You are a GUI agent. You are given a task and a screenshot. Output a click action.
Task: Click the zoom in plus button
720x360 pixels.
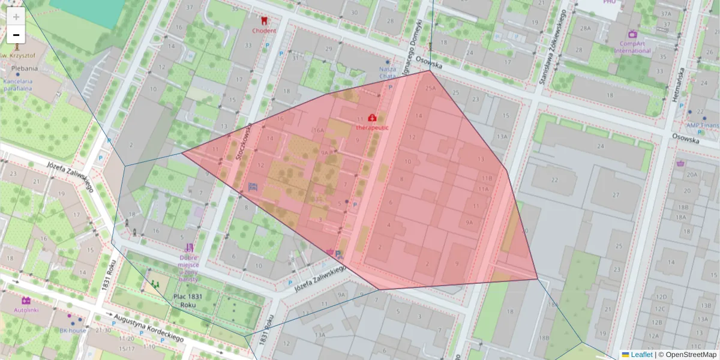click(x=16, y=16)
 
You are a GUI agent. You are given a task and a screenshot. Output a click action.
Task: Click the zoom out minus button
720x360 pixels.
click(x=16, y=35)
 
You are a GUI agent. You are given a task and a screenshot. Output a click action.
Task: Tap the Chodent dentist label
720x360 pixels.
click(x=264, y=31)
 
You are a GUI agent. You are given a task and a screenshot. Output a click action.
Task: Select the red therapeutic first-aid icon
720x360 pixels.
click(x=372, y=118)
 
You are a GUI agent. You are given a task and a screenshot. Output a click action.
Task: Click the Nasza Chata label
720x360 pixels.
click(x=388, y=73)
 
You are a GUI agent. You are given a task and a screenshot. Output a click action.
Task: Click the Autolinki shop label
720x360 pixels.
click(x=26, y=310)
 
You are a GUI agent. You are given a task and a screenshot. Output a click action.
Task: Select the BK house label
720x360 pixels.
click(x=73, y=330)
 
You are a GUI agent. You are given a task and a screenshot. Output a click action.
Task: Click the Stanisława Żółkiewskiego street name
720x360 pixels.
click(x=553, y=48)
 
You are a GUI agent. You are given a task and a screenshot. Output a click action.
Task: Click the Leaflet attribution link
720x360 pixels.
click(x=641, y=355)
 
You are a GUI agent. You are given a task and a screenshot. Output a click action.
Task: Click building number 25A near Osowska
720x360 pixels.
click(x=431, y=88)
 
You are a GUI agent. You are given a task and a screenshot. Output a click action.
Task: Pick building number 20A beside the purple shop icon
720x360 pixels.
click(x=693, y=175)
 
